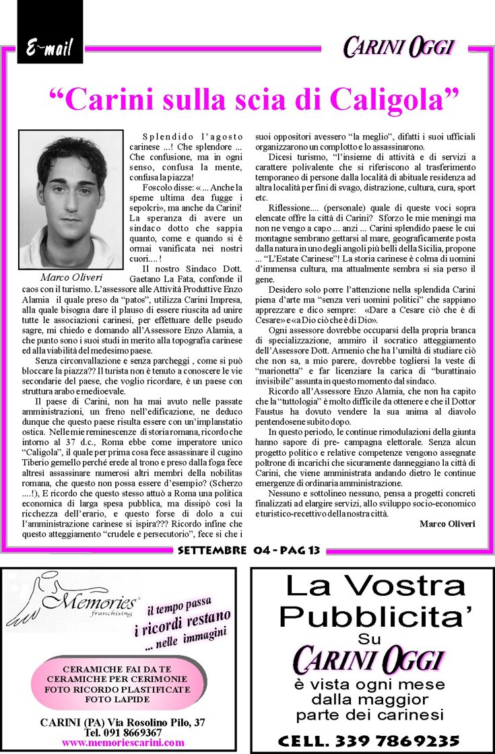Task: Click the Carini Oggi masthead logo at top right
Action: click(399, 47)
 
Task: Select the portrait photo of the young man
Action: click(71, 200)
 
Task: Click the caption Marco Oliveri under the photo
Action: click(71, 277)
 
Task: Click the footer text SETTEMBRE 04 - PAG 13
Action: click(249, 551)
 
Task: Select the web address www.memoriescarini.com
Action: click(123, 743)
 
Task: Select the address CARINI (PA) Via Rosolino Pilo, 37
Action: click(123, 722)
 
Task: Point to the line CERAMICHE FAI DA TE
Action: click(117, 669)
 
